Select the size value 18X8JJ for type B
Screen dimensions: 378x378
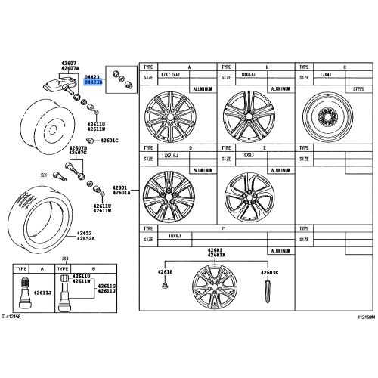249,76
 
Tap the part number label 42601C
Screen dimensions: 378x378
109,141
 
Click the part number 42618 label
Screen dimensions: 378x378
164,271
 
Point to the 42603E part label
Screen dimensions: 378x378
269,271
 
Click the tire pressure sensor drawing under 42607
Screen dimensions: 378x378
63,88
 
